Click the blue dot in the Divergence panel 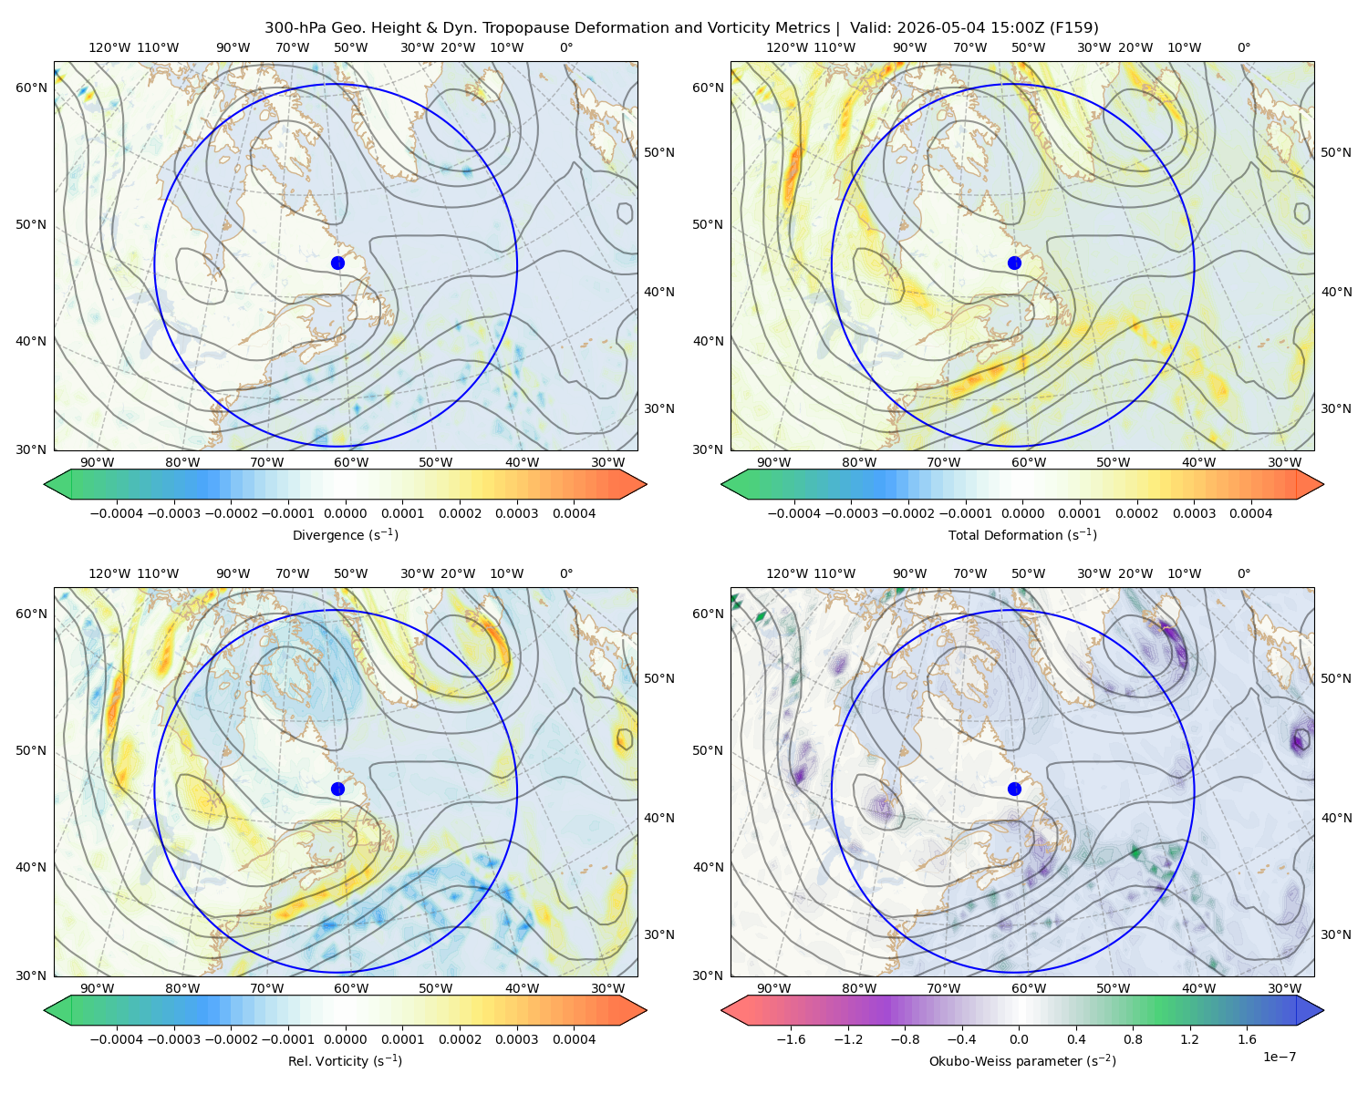click(x=337, y=263)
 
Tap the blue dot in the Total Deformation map click(x=1014, y=263)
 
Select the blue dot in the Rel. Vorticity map click(x=337, y=789)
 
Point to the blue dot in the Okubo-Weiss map click(x=1014, y=789)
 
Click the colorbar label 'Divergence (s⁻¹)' click(x=345, y=534)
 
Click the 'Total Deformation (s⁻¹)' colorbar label click(x=1022, y=534)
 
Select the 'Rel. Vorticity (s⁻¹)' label click(x=345, y=1060)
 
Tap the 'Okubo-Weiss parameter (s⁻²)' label click(x=1022, y=1060)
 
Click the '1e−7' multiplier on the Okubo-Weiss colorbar click(x=1279, y=1057)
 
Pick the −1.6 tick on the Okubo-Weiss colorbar click(x=791, y=1038)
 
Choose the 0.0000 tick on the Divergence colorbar click(x=345, y=513)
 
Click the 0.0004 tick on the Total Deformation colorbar click(x=1250, y=513)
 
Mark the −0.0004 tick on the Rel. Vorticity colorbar click(x=117, y=1038)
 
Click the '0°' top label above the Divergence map click(x=566, y=47)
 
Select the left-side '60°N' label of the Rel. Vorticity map click(x=31, y=614)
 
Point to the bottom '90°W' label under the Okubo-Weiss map click(x=773, y=988)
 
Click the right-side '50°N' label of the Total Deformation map click(x=1335, y=152)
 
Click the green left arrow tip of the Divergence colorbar click(x=45, y=484)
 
